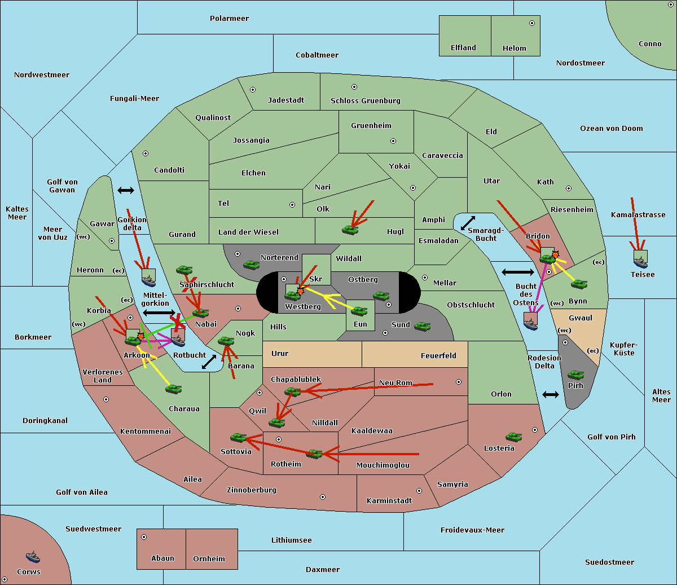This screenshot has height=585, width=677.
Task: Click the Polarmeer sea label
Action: click(229, 19)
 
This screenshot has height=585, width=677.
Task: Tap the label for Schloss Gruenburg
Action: click(365, 101)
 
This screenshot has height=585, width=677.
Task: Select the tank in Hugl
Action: click(350, 230)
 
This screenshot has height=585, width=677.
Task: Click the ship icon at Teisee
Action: click(640, 259)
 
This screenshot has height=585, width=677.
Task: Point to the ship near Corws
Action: click(33, 557)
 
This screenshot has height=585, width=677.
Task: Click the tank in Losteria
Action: click(513, 437)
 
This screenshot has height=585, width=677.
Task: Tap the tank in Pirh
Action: click(575, 375)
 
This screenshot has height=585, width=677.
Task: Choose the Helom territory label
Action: click(514, 49)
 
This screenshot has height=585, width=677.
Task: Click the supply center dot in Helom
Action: click(531, 23)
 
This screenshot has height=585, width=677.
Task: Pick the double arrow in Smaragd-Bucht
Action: click(468, 223)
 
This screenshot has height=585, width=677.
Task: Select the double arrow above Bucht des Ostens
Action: click(517, 272)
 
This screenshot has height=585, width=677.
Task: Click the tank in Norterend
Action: click(251, 264)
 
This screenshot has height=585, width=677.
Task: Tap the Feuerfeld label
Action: click(438, 356)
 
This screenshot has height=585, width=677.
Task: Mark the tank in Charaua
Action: click(173, 389)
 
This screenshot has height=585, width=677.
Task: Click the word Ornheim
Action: click(209, 559)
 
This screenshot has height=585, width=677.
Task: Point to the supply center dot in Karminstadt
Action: click(419, 491)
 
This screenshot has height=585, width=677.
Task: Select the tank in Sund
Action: click(422, 326)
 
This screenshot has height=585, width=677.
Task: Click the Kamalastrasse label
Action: click(638, 215)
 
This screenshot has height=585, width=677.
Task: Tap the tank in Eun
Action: click(359, 311)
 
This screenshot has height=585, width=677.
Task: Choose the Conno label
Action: click(650, 44)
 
